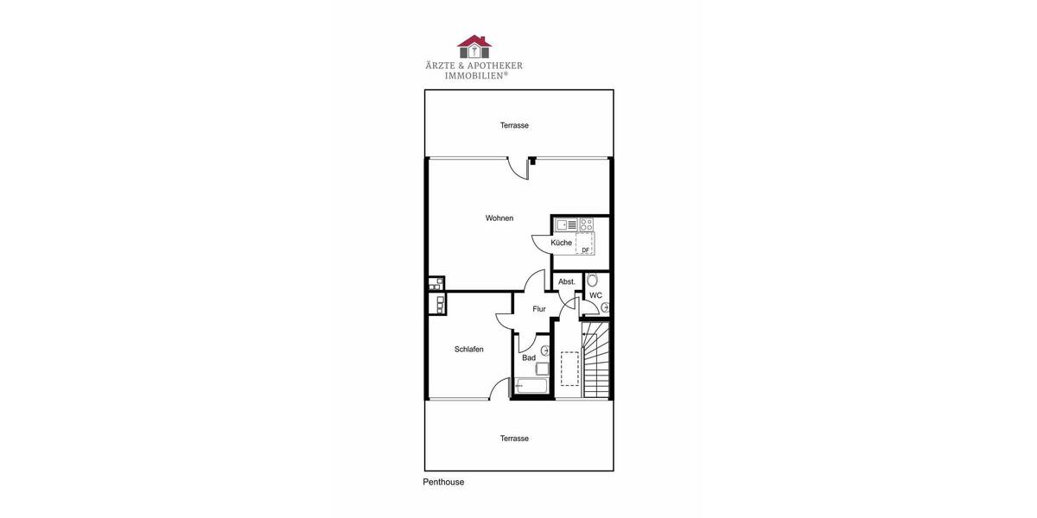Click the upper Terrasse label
(x=514, y=126)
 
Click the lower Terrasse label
(x=514, y=439)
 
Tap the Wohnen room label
(x=499, y=218)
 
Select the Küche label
(x=561, y=243)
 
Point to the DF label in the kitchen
(x=585, y=250)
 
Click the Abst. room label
(x=567, y=282)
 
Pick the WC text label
(x=595, y=295)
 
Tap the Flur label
(x=539, y=309)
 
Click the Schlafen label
(x=469, y=350)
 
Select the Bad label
(x=529, y=357)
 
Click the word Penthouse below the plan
(x=443, y=483)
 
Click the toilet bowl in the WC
(x=592, y=280)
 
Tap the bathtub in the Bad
(x=531, y=386)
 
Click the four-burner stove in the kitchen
(x=586, y=224)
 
